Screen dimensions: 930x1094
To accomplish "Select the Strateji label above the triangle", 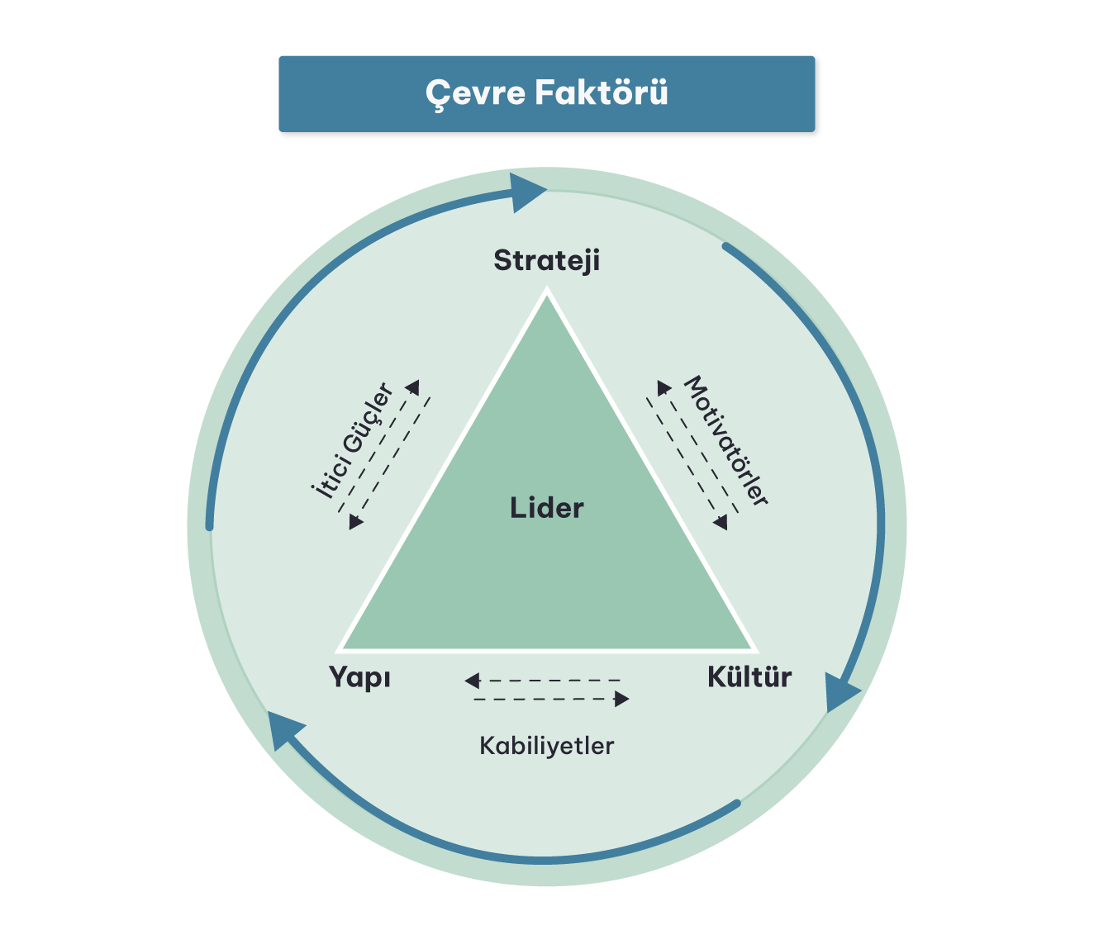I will [546, 260].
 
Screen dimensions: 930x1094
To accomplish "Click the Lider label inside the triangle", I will [546, 507].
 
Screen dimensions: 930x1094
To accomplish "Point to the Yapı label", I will [359, 677].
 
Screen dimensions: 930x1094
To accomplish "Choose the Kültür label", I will [749, 677].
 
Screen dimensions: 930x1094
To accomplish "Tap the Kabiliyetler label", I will [546, 746].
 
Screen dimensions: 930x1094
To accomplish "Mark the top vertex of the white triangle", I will [546, 290].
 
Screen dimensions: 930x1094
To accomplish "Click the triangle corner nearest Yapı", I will [340, 649].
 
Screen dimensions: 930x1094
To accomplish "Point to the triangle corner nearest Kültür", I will [754, 649].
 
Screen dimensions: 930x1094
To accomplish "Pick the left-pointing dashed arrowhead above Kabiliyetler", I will [472, 681].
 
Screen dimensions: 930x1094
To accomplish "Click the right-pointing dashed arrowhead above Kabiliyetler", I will [622, 700].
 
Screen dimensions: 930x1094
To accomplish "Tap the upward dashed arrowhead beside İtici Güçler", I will [412, 387].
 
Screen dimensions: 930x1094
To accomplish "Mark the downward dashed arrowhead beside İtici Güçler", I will [356, 522].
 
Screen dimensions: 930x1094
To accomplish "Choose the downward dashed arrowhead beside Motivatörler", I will [721, 522].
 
